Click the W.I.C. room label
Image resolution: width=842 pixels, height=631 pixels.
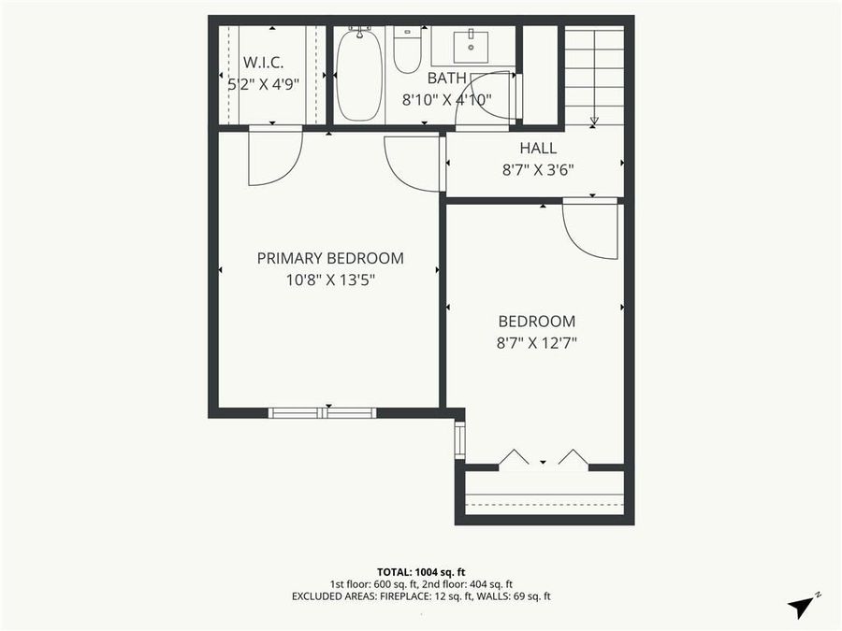[263, 63]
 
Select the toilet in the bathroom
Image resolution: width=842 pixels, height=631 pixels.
[407, 50]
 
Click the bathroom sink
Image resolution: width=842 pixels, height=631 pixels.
[469, 43]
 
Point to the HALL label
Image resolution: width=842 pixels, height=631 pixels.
[538, 148]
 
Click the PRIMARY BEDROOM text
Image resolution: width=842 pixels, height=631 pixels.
[330, 258]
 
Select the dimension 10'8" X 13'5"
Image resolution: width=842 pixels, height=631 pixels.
[330, 279]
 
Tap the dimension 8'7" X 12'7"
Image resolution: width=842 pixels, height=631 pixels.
[537, 342]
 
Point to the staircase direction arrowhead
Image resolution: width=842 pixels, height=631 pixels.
[593, 121]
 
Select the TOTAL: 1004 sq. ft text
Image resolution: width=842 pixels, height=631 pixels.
[420, 570]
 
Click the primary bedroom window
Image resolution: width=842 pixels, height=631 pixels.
[323, 412]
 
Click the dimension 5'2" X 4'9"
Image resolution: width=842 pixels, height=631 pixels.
[263, 83]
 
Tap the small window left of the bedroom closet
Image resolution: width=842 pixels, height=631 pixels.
[459, 440]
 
